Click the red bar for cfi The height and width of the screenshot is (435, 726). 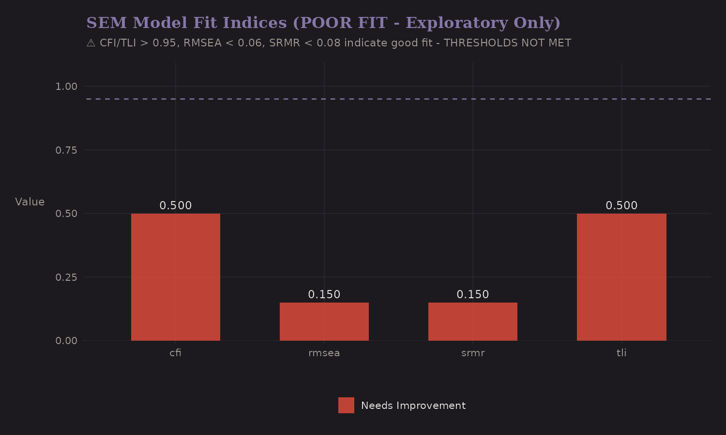pyautogui.click(x=175, y=277)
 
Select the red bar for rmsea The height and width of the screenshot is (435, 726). pyautogui.click(x=324, y=321)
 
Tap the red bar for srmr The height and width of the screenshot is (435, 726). pyautogui.click(x=472, y=321)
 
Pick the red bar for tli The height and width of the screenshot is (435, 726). pyautogui.click(x=621, y=277)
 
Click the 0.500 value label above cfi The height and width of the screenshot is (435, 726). pyautogui.click(x=175, y=205)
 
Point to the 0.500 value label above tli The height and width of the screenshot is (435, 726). pyautogui.click(x=621, y=205)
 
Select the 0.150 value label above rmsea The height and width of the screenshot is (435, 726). pyautogui.click(x=324, y=294)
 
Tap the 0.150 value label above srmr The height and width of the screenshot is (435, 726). pyautogui.click(x=472, y=294)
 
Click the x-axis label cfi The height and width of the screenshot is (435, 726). pyautogui.click(x=175, y=353)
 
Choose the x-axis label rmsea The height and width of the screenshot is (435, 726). pyautogui.click(x=324, y=353)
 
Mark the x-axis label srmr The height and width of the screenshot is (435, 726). pyautogui.click(x=472, y=353)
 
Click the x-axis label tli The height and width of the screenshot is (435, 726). pyautogui.click(x=621, y=353)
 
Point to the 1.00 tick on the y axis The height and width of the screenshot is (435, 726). pyautogui.click(x=66, y=87)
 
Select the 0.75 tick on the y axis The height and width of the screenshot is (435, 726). pyautogui.click(x=66, y=150)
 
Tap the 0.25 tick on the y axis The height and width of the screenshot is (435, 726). pyautogui.click(x=66, y=277)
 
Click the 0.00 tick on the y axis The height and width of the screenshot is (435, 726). pyautogui.click(x=66, y=341)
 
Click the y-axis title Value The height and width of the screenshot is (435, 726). pyautogui.click(x=30, y=202)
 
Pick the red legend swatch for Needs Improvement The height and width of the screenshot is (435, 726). pyautogui.click(x=346, y=406)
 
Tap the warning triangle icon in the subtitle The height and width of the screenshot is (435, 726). pyautogui.click(x=91, y=43)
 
